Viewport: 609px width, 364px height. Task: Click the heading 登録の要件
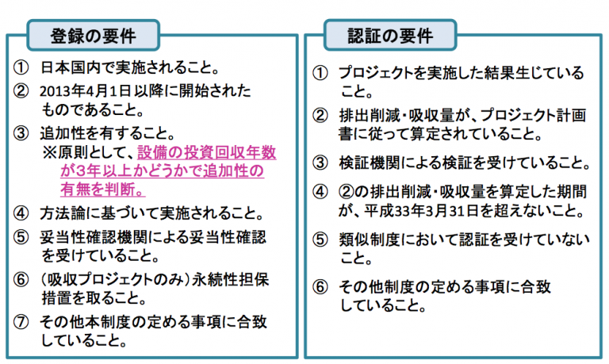tap(94, 36)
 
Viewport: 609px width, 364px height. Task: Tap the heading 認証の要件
tap(390, 36)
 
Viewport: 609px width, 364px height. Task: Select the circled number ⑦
tap(21, 322)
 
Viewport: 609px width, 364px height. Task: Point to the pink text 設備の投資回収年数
tap(207, 152)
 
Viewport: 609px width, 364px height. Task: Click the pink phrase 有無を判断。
tap(103, 190)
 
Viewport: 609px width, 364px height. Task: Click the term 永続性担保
tap(230, 280)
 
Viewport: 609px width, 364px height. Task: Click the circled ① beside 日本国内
tap(21, 68)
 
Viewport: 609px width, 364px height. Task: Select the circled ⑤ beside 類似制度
tap(320, 239)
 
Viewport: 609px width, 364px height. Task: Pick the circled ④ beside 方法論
tap(21, 213)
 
